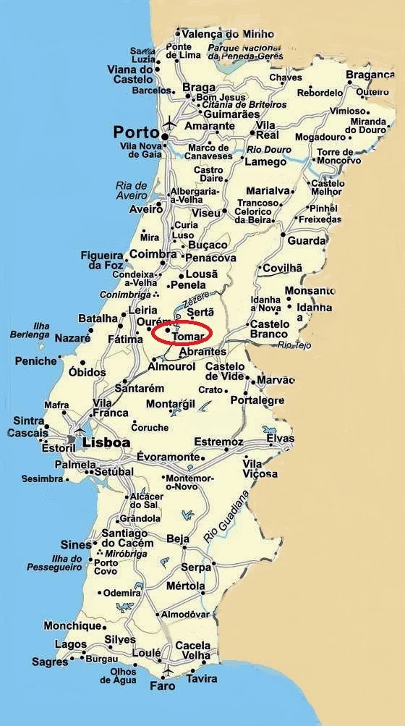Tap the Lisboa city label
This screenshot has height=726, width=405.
[x=106, y=442]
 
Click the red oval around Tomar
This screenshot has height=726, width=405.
[x=182, y=333]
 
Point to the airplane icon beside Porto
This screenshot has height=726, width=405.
[x=169, y=120]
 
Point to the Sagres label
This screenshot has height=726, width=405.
[x=50, y=662]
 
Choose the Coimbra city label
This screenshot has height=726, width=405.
[x=153, y=254]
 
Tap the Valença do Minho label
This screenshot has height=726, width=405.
[x=218, y=33]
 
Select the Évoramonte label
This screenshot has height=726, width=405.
[x=167, y=457]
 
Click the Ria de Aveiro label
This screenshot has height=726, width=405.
[x=131, y=190]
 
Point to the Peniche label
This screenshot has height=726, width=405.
[x=35, y=360]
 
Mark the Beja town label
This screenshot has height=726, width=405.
[x=178, y=539]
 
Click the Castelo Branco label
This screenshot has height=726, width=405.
[x=269, y=329]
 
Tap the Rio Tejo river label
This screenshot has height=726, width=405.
[x=294, y=345]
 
